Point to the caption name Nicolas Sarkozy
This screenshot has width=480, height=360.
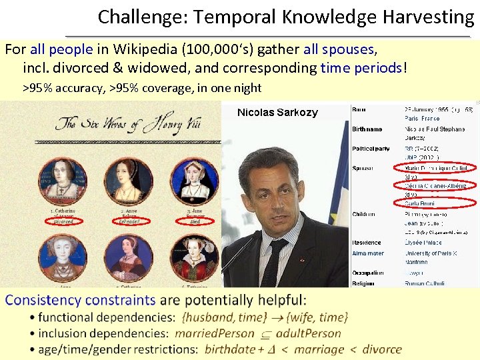pos(277,113)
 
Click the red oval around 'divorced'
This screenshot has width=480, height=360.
pos(63,221)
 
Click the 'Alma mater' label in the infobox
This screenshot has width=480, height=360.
pos(368,253)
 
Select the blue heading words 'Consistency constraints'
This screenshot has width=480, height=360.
pos(80,300)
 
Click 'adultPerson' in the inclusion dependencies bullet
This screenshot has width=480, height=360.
pos(309,333)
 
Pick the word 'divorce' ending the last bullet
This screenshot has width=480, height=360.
pos(382,349)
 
